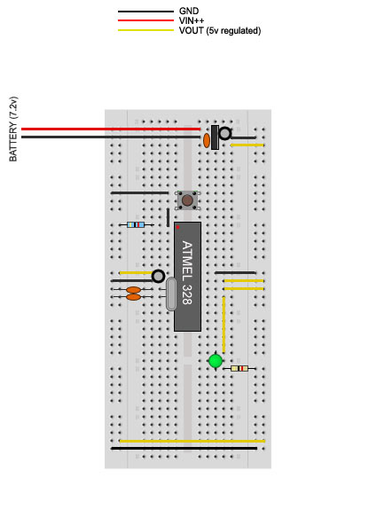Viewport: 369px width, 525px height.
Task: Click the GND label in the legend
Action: (189, 11)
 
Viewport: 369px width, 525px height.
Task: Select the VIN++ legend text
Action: (192, 20)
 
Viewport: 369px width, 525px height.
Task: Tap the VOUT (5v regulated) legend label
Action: (220, 31)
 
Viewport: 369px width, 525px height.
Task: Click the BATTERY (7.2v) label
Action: (13, 129)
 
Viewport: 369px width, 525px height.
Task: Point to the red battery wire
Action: (111, 129)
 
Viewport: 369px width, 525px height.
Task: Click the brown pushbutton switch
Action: (187, 200)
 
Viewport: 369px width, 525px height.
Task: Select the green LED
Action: (216, 361)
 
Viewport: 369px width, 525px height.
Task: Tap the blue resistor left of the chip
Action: (136, 224)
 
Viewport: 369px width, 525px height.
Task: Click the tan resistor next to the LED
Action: (239, 369)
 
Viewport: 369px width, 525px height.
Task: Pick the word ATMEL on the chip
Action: (187, 261)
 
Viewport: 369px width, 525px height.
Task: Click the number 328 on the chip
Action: (187, 294)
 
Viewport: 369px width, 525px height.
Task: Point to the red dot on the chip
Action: (177, 227)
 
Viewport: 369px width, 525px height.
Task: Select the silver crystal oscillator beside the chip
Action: (171, 294)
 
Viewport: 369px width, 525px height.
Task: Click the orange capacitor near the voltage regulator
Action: (207, 141)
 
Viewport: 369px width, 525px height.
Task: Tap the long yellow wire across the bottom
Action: (192, 442)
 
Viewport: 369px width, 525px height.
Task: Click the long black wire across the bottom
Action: (184, 449)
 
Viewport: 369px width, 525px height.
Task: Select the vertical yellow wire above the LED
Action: (224, 325)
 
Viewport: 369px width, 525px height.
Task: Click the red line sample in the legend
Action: (145, 20)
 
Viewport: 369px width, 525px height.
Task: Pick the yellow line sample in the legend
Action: (145, 30)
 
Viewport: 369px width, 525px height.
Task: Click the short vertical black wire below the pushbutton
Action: (169, 217)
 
